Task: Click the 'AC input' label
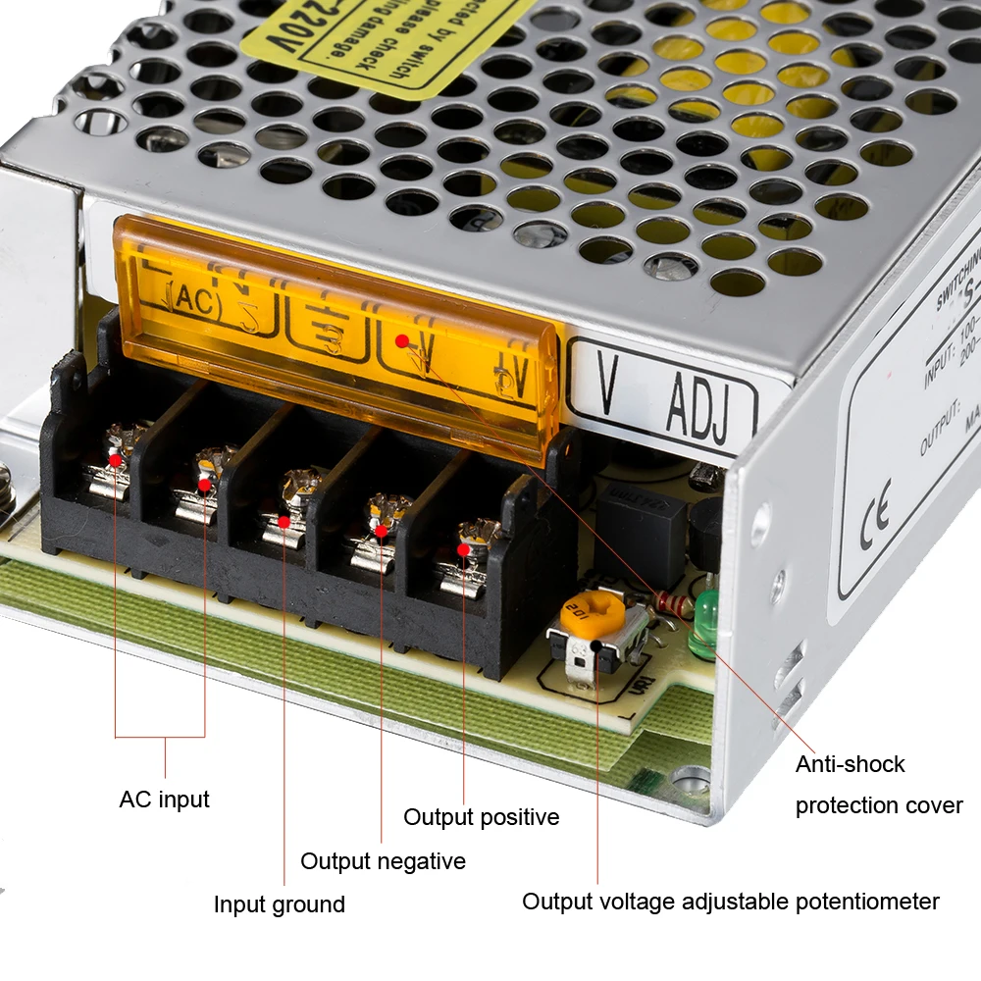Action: click(164, 800)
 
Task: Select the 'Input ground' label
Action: click(280, 904)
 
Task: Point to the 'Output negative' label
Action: click(383, 861)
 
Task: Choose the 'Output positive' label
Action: click(482, 817)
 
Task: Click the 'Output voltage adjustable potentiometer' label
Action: click(731, 902)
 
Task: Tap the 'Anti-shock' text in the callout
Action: click(850, 764)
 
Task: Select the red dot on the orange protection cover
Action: click(402, 341)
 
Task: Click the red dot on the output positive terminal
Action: click(463, 550)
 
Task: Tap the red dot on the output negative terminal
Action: click(382, 532)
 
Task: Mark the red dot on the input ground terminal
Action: click(284, 521)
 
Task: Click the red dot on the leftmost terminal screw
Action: click(116, 459)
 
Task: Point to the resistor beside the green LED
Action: click(673, 600)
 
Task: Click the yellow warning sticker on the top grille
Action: click(392, 39)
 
